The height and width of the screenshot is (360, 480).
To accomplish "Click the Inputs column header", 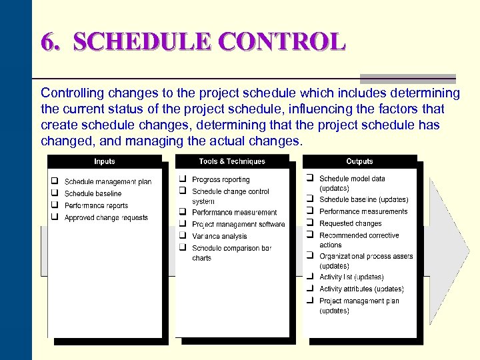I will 104,161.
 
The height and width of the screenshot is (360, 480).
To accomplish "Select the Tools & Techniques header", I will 231,161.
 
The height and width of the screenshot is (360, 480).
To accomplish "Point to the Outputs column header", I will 359,161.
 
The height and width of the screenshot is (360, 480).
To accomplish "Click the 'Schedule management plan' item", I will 107,181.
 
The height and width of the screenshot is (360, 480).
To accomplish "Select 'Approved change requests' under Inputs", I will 106,217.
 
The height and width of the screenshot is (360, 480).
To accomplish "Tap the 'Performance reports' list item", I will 96,205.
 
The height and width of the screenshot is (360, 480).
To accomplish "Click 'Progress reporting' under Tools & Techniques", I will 221,179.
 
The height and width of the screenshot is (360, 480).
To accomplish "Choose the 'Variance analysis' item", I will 219,236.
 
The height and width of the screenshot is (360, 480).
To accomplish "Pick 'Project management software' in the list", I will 238,224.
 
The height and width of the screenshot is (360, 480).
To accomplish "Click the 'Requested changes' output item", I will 350,223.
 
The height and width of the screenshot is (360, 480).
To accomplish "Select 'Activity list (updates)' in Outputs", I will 351,277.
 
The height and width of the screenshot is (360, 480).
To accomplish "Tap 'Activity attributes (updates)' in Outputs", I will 361,289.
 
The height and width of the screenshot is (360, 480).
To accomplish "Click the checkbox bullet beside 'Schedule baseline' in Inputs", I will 55,193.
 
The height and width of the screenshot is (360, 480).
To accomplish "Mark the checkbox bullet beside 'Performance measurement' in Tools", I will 182,212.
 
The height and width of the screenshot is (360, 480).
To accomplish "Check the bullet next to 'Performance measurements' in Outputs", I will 310,211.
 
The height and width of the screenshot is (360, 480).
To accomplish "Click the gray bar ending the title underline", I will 407,79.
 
